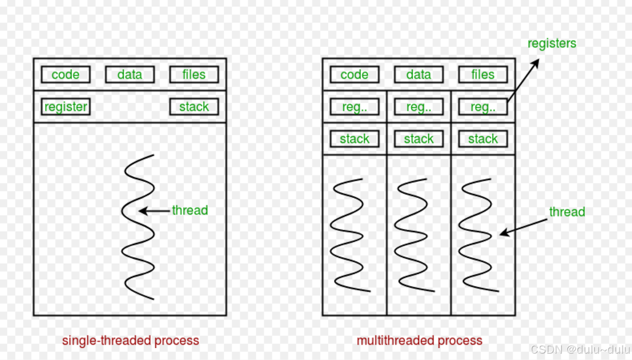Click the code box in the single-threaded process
(x=66, y=75)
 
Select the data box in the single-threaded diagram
(x=130, y=75)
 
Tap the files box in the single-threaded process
(x=194, y=75)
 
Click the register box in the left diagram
(x=66, y=107)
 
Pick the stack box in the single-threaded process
(x=194, y=107)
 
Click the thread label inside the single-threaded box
(x=190, y=210)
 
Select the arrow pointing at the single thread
(x=155, y=211)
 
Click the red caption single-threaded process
(x=131, y=341)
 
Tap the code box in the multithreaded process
(x=355, y=75)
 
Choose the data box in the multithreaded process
(x=419, y=75)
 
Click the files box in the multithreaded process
(x=483, y=75)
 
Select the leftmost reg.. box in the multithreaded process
(x=355, y=107)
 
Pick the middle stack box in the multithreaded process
(x=419, y=139)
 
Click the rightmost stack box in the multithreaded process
(x=483, y=139)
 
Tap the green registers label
(x=552, y=44)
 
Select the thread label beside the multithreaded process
(x=567, y=212)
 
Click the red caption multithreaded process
(x=420, y=341)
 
